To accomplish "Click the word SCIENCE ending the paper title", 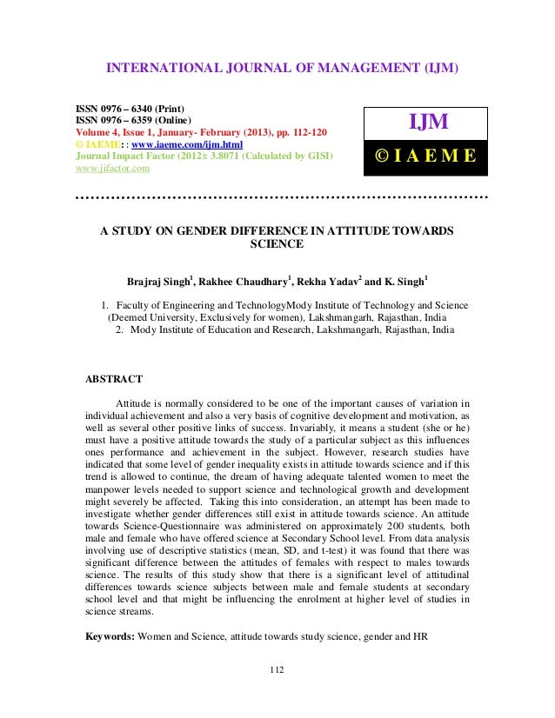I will tap(277, 244).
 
